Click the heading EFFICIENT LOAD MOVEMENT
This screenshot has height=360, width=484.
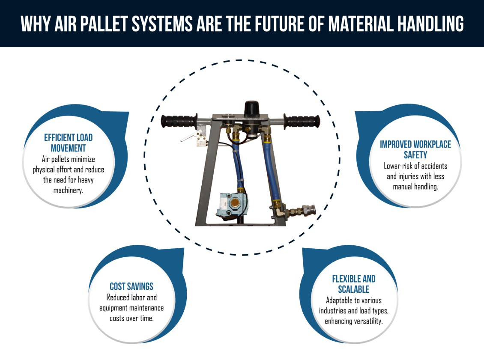pyautogui.click(x=69, y=143)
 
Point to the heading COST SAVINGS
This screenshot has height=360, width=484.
pyautogui.click(x=131, y=286)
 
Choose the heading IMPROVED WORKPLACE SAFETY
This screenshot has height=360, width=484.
pyautogui.click(x=415, y=149)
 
